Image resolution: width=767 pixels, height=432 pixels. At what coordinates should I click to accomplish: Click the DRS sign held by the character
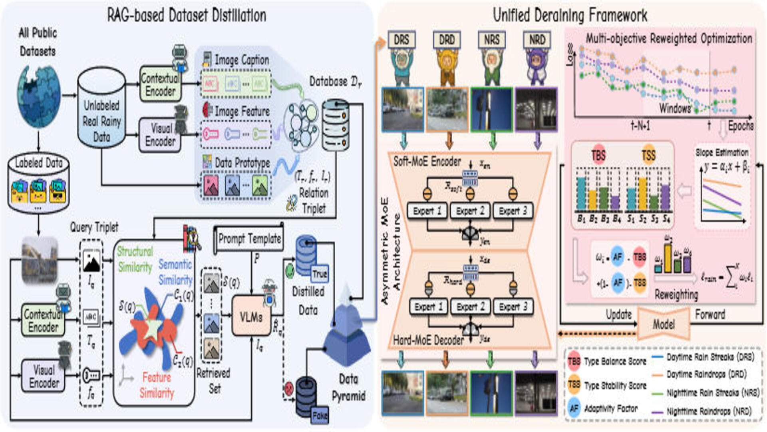click(401, 40)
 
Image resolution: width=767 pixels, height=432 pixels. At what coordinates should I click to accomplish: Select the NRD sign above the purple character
click(537, 40)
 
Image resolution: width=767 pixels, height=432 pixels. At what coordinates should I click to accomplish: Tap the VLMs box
click(251, 317)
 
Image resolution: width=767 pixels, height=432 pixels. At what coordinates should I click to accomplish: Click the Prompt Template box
click(249, 239)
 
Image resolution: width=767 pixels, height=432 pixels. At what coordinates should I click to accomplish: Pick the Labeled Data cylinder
click(38, 182)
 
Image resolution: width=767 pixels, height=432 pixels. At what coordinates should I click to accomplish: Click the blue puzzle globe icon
click(38, 96)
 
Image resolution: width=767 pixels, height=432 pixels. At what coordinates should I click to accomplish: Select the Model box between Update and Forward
click(664, 324)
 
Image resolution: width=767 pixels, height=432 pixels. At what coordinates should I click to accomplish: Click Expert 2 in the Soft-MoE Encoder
click(470, 211)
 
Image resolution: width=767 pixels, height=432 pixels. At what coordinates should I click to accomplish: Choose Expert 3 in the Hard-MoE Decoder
click(513, 307)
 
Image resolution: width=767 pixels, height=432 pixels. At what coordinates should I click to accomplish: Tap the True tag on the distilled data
click(320, 274)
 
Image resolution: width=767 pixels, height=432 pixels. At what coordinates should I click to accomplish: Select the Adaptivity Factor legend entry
click(610, 408)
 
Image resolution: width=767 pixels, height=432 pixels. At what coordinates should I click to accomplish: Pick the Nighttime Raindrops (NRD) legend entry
click(709, 411)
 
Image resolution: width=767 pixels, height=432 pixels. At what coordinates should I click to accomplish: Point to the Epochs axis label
click(740, 126)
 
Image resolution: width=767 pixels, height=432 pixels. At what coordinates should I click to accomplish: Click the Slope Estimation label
click(721, 152)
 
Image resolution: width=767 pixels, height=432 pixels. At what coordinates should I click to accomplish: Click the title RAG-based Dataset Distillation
click(187, 15)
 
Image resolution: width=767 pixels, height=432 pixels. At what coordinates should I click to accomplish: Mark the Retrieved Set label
click(213, 380)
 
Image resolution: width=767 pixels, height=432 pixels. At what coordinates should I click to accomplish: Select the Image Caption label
click(242, 60)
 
